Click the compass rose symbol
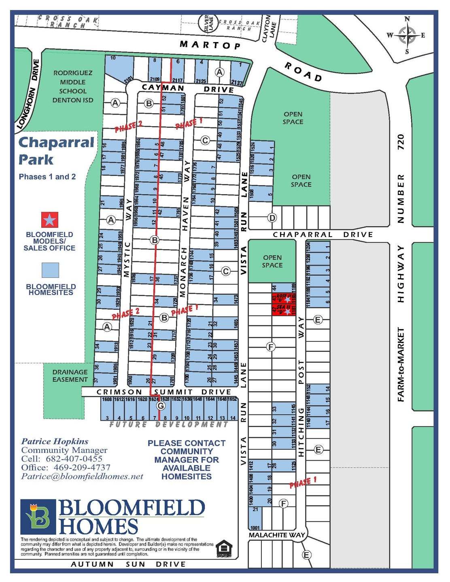[407, 35]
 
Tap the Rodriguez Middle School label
[73, 87]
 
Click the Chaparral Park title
[56, 150]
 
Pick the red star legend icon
[50, 220]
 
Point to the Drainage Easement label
[70, 376]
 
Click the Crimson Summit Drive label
[163, 392]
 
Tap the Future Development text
[169, 424]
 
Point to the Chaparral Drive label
[323, 235]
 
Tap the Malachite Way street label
[276, 535]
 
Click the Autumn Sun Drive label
[128, 564]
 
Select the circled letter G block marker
[161, 406]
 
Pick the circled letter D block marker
[272, 218]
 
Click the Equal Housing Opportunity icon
[223, 548]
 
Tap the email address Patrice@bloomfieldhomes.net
[82, 476]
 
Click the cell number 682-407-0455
[74, 459]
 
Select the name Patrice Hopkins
[55, 441]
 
